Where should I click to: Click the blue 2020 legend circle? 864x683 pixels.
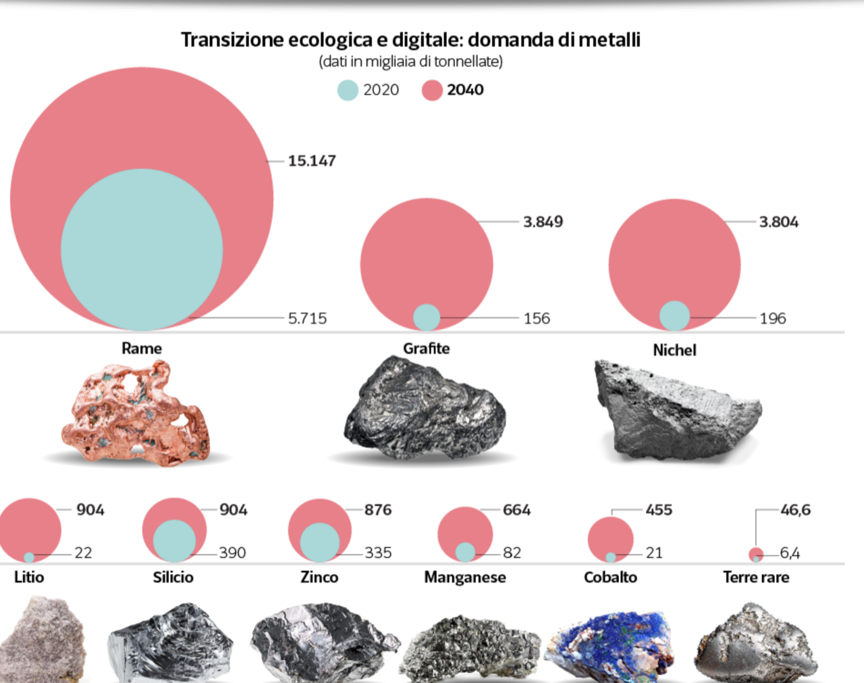tap(348, 91)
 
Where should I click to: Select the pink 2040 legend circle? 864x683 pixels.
tap(432, 91)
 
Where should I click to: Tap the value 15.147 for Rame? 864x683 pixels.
tap(311, 161)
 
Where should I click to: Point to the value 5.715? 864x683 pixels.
tap(307, 318)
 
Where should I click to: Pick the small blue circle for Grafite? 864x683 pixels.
tap(426, 317)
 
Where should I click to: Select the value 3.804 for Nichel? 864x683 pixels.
tap(778, 222)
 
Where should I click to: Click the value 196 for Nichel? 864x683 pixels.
tap(773, 318)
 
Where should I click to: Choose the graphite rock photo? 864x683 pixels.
tap(425, 409)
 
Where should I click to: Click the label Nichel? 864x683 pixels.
tap(674, 350)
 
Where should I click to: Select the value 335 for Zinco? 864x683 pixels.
tap(378, 553)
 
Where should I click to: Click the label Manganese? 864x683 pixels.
tap(464, 577)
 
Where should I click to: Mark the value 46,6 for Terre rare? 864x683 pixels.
tap(795, 509)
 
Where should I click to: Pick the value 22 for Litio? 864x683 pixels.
tap(83, 553)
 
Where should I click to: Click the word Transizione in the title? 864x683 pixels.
tap(232, 40)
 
